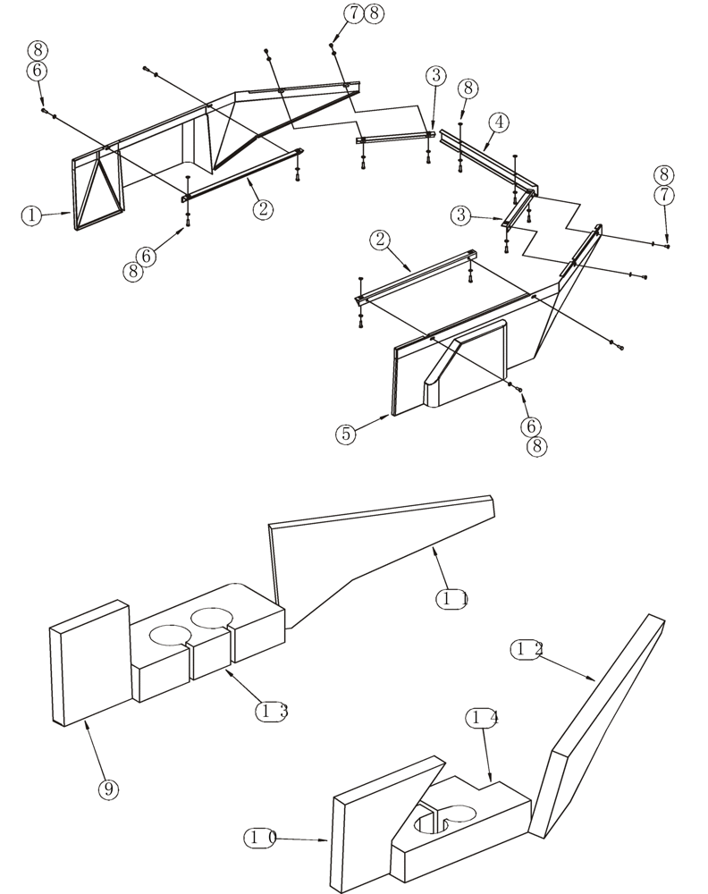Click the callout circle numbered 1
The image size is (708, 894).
coord(32,215)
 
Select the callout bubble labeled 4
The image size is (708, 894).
coord(498,122)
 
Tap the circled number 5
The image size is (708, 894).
coord(346,434)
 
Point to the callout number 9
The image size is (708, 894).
coord(107,789)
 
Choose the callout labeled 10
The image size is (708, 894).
coord(260,838)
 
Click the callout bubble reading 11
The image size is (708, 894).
coord(454,599)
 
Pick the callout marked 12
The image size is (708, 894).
coord(527,649)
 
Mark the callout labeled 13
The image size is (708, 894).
coord(271,711)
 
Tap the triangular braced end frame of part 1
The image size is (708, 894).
coord(98,190)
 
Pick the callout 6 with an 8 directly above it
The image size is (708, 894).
coord(38,71)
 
